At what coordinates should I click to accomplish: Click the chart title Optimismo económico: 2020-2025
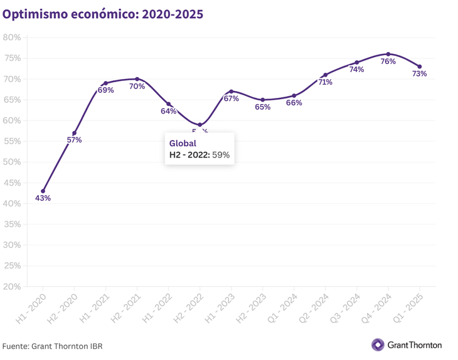[103, 14]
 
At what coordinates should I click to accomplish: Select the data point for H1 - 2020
[43, 191]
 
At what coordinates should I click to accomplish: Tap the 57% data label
[74, 140]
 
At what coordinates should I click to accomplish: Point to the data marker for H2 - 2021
[137, 79]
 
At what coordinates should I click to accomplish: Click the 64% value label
[168, 111]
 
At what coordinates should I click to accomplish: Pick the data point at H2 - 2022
[200, 125]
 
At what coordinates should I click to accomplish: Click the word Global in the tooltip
[183, 144]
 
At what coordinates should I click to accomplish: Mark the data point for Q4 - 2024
[388, 54]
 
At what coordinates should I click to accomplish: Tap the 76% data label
[388, 61]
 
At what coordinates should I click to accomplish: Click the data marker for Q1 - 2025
[420, 66]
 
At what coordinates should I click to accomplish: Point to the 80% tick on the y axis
[12, 38]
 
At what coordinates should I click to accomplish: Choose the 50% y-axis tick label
[12, 162]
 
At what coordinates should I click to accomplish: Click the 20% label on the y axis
[12, 287]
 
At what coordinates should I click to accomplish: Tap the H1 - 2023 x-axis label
[221, 308]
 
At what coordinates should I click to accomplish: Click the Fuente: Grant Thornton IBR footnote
[52, 346]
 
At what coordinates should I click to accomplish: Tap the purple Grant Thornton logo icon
[378, 345]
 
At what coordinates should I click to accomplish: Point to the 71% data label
[325, 82]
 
